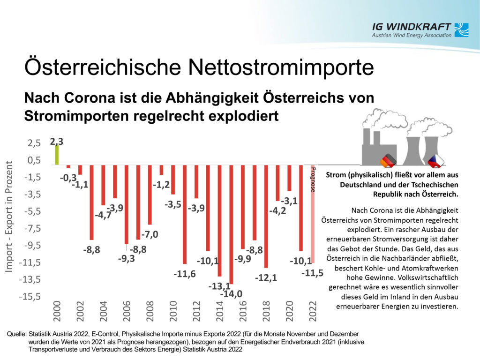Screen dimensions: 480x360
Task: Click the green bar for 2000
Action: click(x=56, y=155)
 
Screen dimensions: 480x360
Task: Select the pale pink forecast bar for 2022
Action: click(x=313, y=214)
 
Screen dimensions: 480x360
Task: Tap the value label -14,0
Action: click(x=232, y=294)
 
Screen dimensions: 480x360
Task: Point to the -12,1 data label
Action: click(x=266, y=277)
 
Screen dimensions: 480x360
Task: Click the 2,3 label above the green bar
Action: click(x=57, y=142)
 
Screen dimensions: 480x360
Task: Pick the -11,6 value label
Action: click(x=185, y=274)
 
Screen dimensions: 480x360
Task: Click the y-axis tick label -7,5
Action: click(x=30, y=228)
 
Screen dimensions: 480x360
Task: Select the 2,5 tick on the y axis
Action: click(x=34, y=143)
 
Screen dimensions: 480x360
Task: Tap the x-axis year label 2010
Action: click(x=173, y=311)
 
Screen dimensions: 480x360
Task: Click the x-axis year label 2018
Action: click(x=266, y=311)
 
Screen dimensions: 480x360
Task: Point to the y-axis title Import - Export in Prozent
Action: click(x=9, y=217)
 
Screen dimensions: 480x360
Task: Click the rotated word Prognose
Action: click(x=313, y=180)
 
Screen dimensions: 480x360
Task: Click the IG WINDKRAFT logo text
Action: click(x=412, y=27)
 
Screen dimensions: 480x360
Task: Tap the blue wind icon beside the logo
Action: click(x=461, y=30)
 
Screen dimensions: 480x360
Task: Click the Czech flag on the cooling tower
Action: click(x=436, y=161)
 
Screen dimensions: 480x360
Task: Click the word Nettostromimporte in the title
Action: click(x=281, y=67)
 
